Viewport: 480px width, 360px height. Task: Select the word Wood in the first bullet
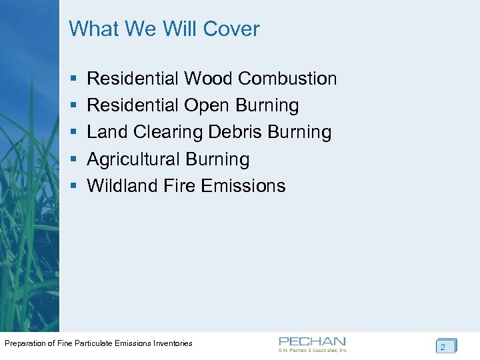(209, 79)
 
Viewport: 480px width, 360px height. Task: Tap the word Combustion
(287, 79)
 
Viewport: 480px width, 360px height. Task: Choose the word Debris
(235, 132)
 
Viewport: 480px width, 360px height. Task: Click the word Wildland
(123, 185)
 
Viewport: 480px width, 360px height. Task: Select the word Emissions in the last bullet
(243, 185)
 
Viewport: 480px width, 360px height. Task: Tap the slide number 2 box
(445, 347)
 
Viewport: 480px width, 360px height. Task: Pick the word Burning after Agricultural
(218, 159)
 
